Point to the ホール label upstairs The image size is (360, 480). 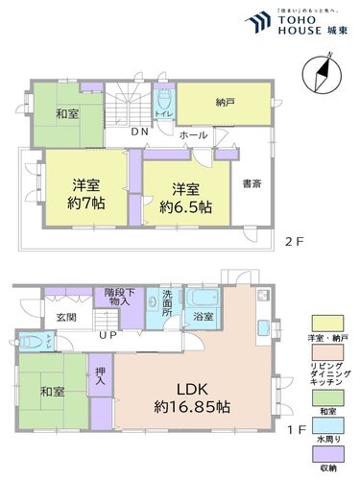pos(192,135)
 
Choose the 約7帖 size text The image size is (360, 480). pos(85,204)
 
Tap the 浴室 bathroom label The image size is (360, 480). pos(203,316)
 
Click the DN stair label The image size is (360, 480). pos(138,132)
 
